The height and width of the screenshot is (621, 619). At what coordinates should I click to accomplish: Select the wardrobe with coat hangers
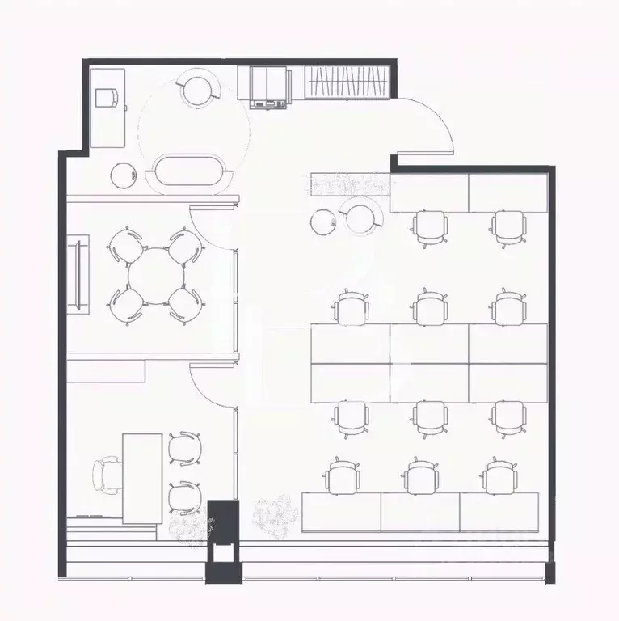point(349,82)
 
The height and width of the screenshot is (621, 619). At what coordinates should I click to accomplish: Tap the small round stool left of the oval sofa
point(123,174)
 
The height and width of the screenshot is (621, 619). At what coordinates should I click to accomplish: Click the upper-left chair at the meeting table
point(124,246)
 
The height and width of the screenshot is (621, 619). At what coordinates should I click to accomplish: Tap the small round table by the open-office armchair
point(323,220)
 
